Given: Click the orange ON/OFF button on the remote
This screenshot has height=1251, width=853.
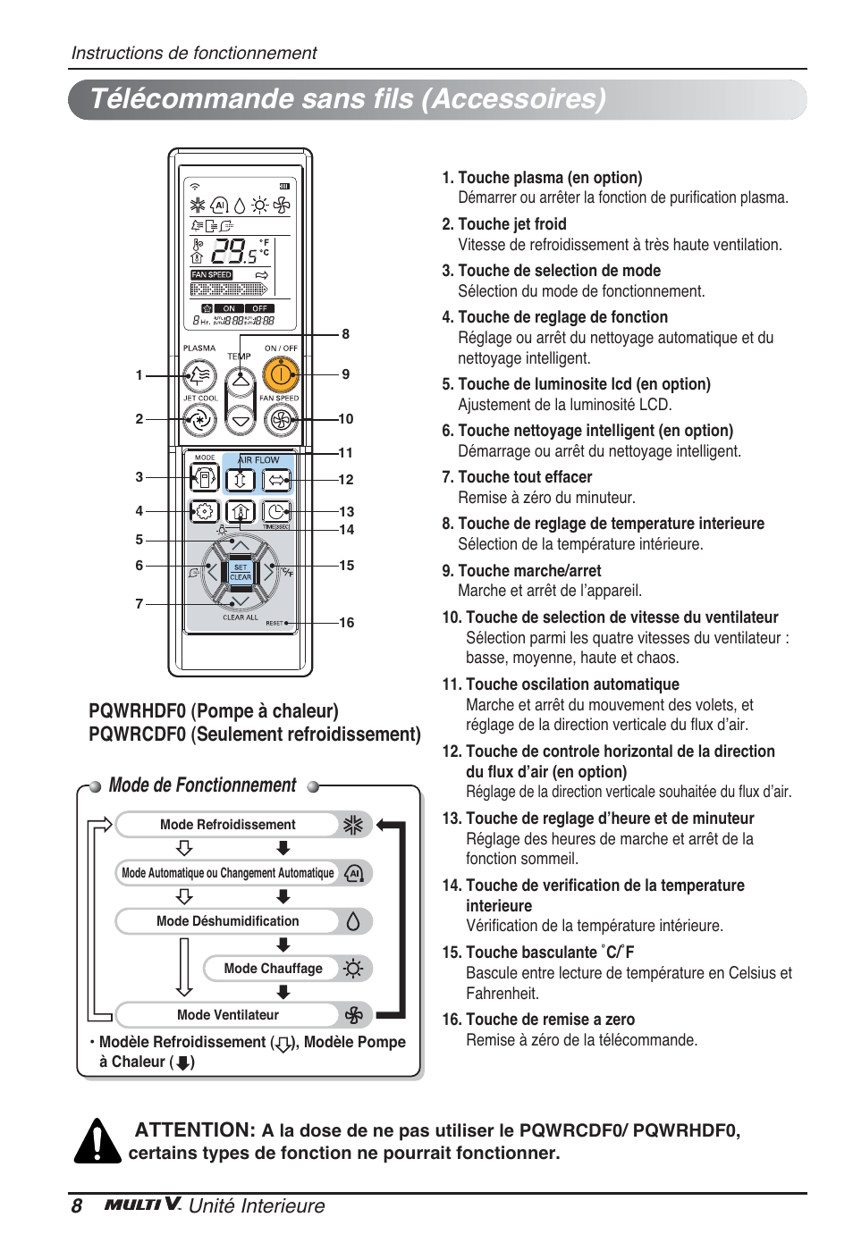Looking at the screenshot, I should [281, 375].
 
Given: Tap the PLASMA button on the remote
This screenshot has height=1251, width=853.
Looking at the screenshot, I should [199, 376].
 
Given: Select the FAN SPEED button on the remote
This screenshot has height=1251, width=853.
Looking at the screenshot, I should [281, 419].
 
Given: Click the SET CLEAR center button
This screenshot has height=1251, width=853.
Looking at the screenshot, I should [241, 572].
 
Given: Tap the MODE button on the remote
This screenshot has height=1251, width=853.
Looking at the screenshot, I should [204, 479].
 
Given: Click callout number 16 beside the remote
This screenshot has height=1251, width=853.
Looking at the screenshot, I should [347, 623].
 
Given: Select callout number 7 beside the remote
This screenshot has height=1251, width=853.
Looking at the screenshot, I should [139, 604].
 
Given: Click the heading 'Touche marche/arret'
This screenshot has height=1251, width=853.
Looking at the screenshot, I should [528, 571].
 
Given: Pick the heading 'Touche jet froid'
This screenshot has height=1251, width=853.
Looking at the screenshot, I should [511, 224].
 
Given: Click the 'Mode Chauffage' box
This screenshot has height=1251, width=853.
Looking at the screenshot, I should [274, 969].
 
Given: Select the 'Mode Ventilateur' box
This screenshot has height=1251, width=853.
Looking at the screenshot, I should [228, 1015].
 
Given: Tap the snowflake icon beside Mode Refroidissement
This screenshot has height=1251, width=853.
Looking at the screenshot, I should [353, 825].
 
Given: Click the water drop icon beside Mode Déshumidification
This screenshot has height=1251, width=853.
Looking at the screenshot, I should [353, 921].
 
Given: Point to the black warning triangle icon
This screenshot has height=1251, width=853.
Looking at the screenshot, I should [97, 1143].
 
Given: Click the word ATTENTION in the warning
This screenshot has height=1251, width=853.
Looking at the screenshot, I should [195, 1130].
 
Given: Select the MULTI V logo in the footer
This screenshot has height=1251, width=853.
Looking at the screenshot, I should [143, 1205].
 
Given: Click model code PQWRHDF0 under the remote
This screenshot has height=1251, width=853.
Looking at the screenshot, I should [137, 711].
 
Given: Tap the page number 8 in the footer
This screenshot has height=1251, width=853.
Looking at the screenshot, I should [77, 1206].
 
